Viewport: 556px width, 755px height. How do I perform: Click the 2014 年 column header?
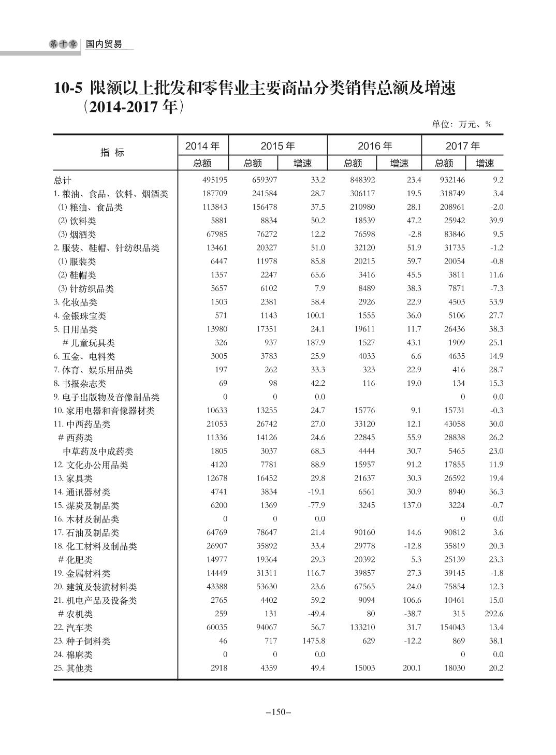202,147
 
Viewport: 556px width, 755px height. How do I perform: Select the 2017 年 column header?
462,147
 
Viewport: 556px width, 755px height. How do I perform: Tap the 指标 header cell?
112,153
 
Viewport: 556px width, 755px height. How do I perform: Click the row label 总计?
63,181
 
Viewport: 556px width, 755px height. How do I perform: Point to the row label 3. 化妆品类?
76,302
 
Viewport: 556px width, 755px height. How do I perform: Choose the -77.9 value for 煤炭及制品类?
314,505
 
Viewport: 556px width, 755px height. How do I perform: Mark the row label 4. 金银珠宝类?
80,316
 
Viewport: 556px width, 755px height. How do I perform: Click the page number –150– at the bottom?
278,713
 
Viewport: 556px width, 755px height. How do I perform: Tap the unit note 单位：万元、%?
461,124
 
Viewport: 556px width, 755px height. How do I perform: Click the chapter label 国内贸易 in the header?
104,45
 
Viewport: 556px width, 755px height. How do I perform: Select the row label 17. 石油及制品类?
86,533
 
